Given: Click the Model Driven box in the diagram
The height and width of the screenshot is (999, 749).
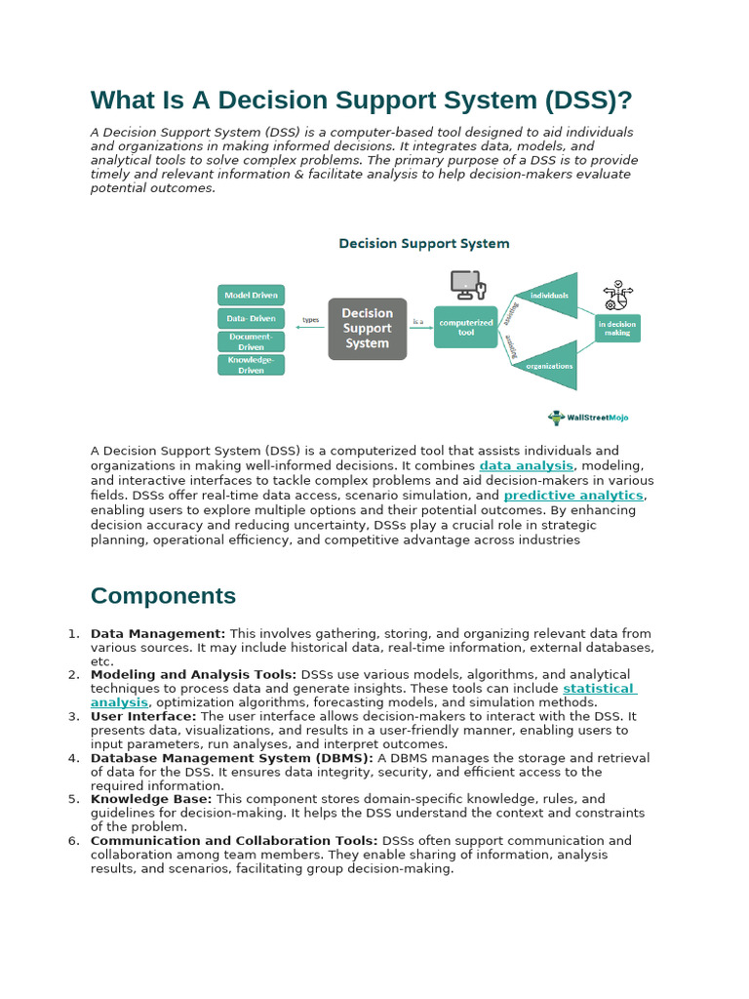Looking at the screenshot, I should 251,295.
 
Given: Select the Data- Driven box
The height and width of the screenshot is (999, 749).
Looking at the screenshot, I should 251,318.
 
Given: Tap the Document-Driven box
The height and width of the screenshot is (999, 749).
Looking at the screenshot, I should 251,341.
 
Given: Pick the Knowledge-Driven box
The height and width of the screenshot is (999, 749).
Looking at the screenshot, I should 251,365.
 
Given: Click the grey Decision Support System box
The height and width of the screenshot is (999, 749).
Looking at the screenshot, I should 367,328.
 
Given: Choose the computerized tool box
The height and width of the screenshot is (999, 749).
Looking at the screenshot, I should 465,327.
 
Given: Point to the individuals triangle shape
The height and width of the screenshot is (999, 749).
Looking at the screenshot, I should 552,295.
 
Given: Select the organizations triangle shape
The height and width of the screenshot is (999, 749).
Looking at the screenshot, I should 552,365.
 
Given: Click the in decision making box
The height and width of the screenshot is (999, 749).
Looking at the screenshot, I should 616,328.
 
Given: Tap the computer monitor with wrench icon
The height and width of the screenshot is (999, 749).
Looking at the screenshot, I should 467,285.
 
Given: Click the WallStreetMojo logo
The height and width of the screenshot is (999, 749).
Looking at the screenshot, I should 588,418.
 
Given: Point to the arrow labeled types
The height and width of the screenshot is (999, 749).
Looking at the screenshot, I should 310,327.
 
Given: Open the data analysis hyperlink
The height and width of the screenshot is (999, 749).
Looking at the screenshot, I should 527,466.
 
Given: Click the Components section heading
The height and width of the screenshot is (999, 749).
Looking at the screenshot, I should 163,596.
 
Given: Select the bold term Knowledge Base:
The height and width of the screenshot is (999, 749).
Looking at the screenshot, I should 151,799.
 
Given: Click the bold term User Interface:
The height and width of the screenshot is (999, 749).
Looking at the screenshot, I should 143,716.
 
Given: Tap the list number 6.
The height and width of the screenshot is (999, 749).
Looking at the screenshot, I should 73,841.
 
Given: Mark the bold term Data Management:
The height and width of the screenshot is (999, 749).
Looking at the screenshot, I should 158,634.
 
